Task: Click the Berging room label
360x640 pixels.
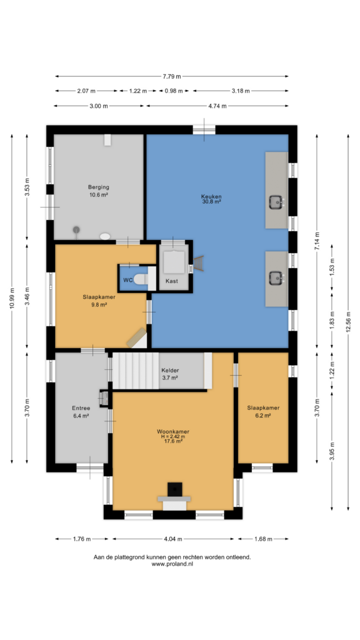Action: click(98, 187)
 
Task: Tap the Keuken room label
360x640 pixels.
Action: click(211, 196)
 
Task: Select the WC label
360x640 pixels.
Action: click(127, 281)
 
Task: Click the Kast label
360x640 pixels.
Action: click(171, 281)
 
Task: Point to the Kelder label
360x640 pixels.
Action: click(169, 371)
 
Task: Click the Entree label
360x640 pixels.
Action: click(81, 408)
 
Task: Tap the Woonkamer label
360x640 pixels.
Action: click(173, 431)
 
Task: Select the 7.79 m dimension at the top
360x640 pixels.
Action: click(172, 76)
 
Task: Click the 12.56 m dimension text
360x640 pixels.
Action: click(348, 323)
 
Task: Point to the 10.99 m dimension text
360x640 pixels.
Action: click(12, 299)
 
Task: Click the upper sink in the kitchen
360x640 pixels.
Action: click(276, 201)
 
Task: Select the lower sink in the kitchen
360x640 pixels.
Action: click(276, 278)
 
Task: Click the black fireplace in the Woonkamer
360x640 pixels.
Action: click(175, 489)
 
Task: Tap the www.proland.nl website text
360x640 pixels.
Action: click(172, 564)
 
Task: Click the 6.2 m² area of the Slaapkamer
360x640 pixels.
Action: click(263, 416)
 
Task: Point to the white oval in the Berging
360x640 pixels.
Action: click(105, 236)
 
